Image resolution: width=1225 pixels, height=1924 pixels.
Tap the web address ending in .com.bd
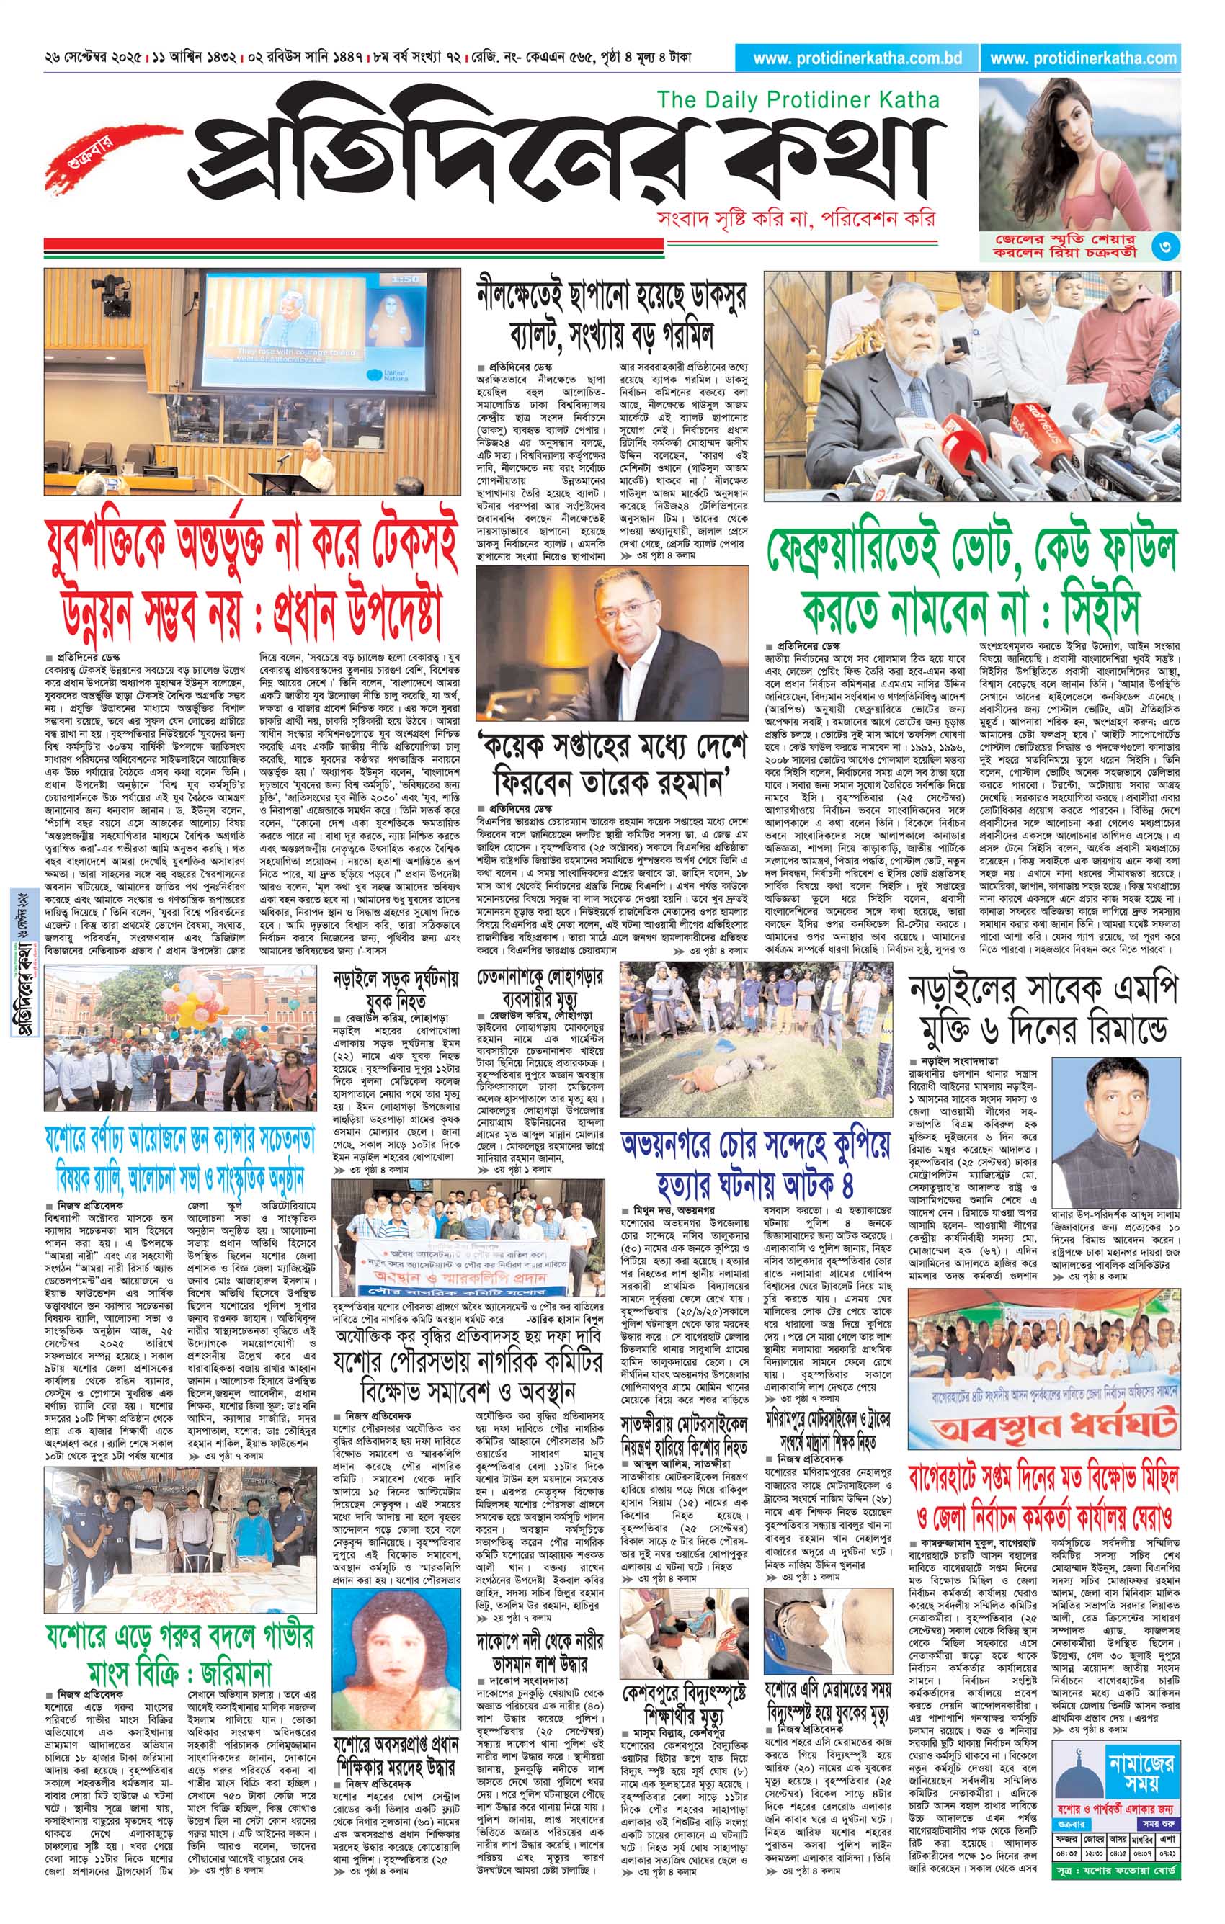click(857, 58)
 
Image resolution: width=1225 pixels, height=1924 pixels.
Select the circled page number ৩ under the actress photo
click(1166, 247)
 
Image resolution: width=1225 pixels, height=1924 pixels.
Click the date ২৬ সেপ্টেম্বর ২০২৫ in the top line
click(95, 58)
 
